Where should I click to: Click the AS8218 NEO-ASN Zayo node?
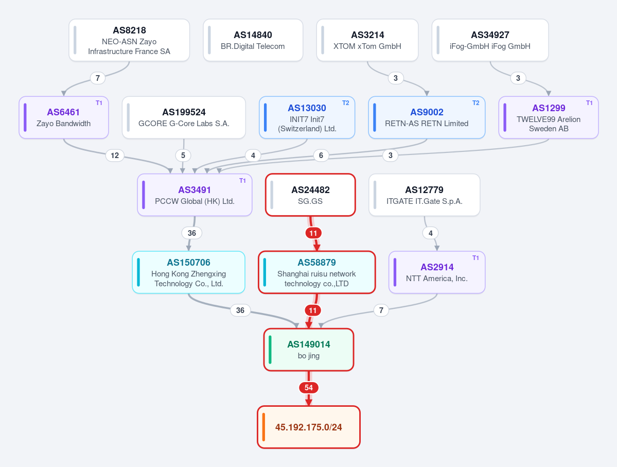[129, 40]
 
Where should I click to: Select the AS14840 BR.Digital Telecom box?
[253, 40]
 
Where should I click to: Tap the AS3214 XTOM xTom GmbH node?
[367, 40]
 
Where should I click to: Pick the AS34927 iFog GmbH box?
[490, 40]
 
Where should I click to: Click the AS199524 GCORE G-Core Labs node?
[184, 117]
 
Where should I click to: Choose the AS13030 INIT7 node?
[307, 117]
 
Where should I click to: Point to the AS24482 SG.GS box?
[310, 195]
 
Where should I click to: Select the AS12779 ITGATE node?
[424, 195]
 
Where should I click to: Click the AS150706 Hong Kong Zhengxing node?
[188, 272]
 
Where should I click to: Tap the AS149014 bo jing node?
[309, 350]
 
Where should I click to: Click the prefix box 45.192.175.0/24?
[309, 427]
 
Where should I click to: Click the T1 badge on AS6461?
[99, 103]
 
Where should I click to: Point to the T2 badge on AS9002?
[475, 103]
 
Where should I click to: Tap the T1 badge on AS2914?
[475, 258]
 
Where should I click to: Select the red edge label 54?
[309, 388]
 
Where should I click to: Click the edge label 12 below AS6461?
[115, 155]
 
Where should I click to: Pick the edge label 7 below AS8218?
[98, 78]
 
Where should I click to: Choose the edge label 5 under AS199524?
[183, 155]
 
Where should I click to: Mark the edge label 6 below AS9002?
[321, 155]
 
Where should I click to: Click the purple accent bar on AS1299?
[505, 117]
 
